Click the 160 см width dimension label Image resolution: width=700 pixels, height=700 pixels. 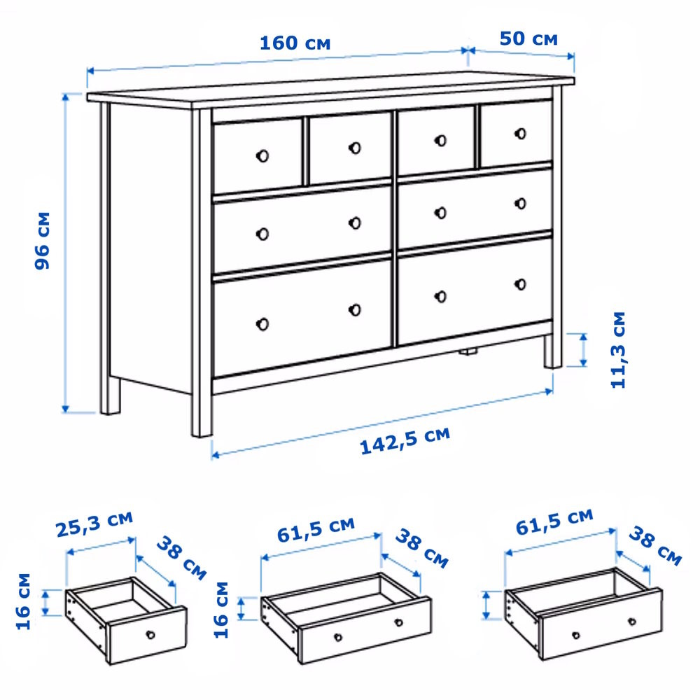point(295,43)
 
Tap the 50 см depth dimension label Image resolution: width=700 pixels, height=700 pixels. point(528,38)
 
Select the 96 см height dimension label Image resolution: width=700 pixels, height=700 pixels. point(43,241)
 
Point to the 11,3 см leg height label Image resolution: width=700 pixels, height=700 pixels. point(618,350)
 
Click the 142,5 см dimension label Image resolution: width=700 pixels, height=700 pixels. point(405,440)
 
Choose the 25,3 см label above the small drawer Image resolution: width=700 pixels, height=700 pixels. point(94,524)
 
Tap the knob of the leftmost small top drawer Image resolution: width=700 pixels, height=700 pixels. point(262,156)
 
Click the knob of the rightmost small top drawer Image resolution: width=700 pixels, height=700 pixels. point(520,134)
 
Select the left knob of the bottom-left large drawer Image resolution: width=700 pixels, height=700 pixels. point(262,324)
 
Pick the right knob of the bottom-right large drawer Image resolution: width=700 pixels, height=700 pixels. point(520,284)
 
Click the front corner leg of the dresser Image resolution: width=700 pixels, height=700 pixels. point(202,273)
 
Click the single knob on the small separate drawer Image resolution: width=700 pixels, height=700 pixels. point(150,634)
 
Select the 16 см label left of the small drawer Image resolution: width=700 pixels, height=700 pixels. point(23,601)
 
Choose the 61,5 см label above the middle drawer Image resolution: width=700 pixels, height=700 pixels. point(316,530)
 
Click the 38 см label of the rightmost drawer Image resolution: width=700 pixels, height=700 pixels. point(655,546)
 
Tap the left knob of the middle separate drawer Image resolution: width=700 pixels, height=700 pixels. point(338,637)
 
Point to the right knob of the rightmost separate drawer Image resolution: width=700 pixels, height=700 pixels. point(631,622)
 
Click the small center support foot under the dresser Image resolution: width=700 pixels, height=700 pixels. point(468,352)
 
